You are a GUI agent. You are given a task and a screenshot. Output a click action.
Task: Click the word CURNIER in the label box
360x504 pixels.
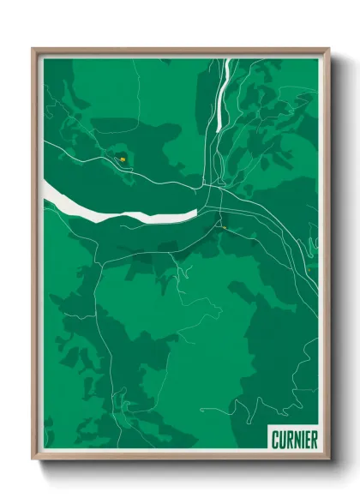pos(294,440)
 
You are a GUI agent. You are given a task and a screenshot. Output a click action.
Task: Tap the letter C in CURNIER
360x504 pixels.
pos(275,440)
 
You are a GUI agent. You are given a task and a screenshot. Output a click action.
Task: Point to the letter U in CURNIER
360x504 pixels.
pos(282,440)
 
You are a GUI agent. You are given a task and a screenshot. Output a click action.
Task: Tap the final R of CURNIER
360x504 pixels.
pos(314,440)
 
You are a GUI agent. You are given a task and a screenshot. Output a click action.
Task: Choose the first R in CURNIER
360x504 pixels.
pos(289,440)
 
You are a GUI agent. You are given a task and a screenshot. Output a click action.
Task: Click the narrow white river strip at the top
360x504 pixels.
pos(224,94)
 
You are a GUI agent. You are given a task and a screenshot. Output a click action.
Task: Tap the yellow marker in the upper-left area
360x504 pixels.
pos(123,158)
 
